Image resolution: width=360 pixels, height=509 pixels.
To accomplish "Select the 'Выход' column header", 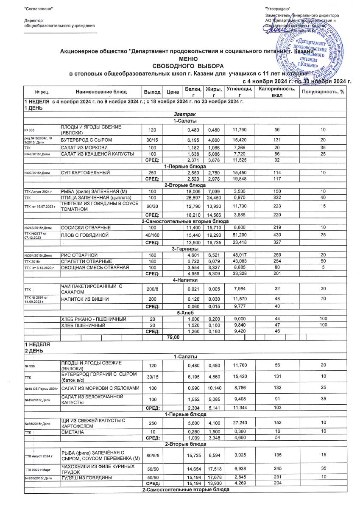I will pos(152,92).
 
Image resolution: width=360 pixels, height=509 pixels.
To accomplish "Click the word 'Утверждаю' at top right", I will pos(277,8).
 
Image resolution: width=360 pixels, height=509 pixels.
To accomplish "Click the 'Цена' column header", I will pos(171,92).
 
